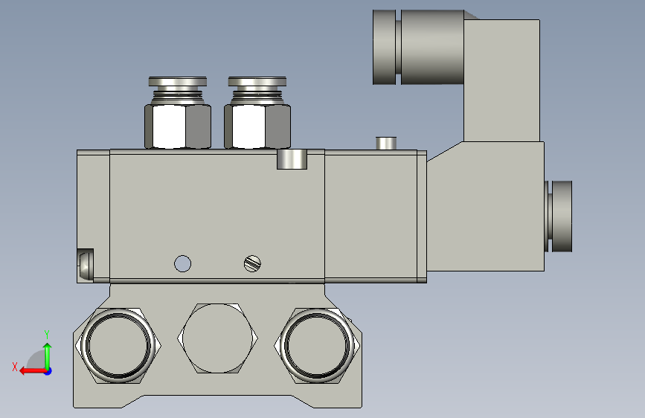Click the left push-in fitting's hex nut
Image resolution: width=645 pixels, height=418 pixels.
point(178,126)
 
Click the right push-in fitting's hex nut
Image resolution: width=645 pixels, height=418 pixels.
point(257,126)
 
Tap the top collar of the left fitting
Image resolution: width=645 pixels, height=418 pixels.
point(178,82)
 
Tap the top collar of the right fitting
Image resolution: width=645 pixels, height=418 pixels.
point(257,82)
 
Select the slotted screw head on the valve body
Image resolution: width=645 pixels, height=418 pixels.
point(253,264)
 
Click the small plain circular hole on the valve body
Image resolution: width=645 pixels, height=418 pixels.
point(183,264)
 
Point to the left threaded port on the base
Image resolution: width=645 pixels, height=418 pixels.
point(118,345)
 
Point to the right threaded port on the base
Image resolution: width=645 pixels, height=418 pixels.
point(317,345)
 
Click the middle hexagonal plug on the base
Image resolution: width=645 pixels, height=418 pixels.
point(218,338)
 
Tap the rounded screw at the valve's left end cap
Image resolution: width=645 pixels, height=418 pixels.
point(86,265)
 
